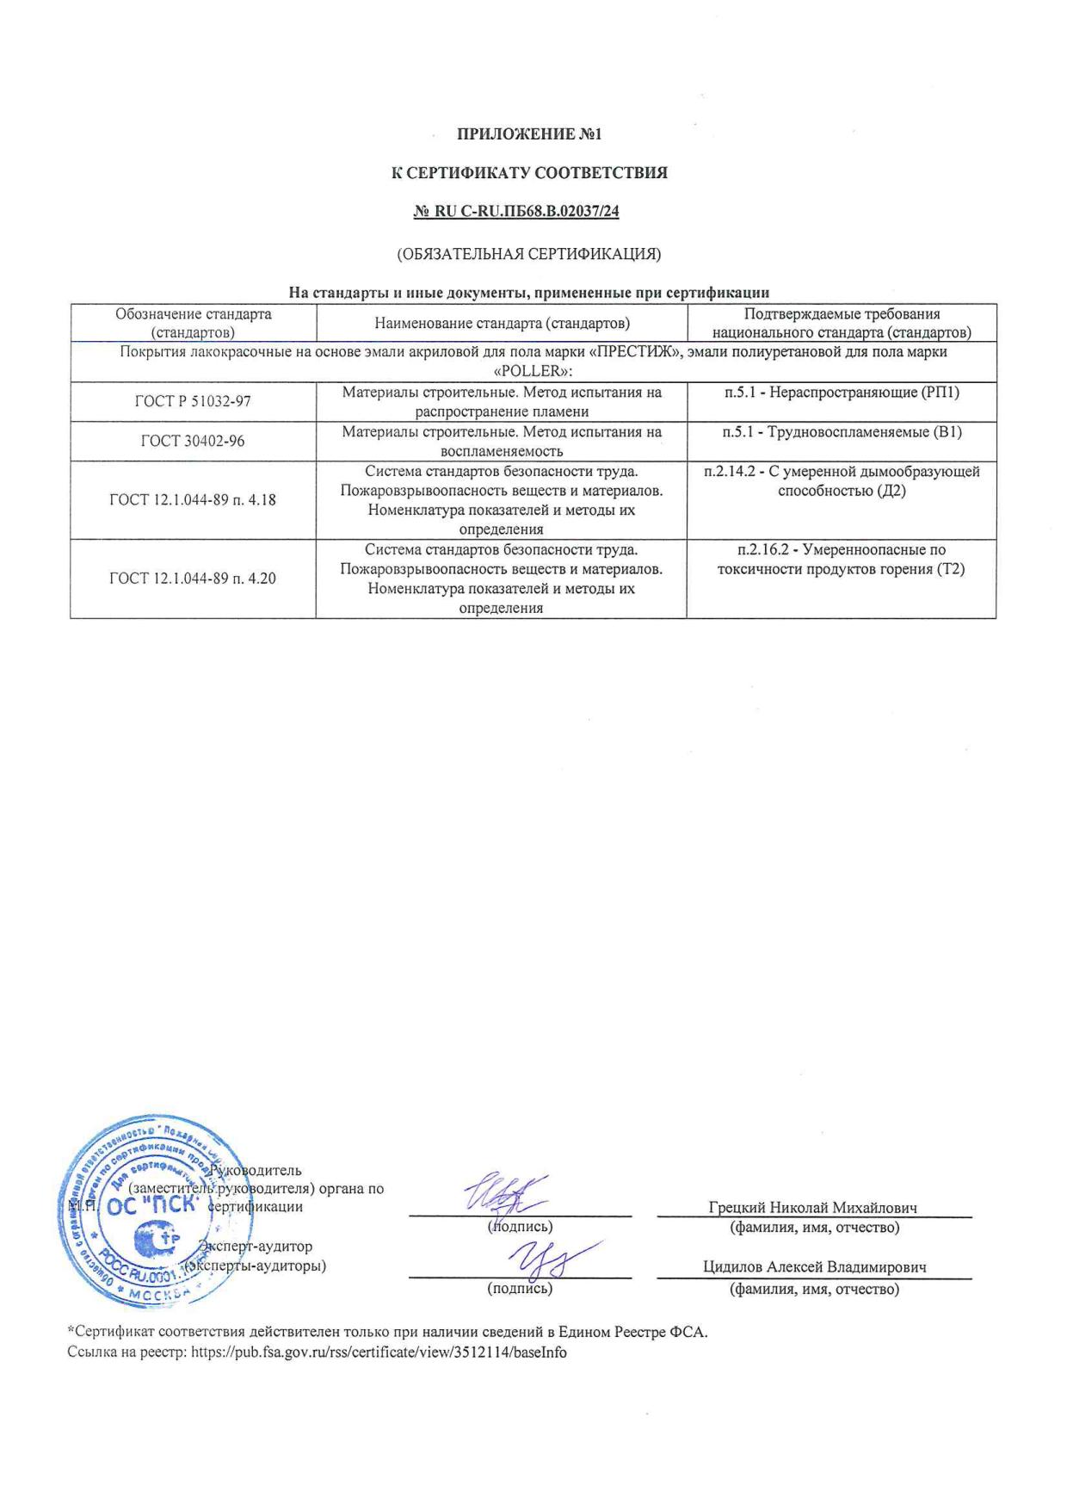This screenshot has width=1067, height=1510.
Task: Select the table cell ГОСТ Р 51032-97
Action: pyautogui.click(x=193, y=401)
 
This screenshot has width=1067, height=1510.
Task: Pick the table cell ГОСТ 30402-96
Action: pyautogui.click(x=193, y=441)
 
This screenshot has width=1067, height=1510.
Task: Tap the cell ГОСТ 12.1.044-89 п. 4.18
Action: pyautogui.click(x=193, y=499)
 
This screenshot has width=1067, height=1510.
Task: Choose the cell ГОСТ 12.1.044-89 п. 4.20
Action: pyautogui.click(x=193, y=579)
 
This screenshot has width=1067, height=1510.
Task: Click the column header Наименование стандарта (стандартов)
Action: pyautogui.click(x=502, y=323)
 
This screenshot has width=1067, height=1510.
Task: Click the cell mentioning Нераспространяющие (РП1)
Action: pyautogui.click(x=842, y=393)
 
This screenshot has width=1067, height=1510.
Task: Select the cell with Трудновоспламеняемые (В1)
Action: pyautogui.click(x=842, y=432)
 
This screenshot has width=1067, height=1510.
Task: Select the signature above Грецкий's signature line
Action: pyautogui.click(x=508, y=1194)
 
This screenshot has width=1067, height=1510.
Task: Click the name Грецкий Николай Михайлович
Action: pyautogui.click(x=813, y=1208)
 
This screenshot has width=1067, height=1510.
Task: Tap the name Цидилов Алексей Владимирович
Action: pyautogui.click(x=814, y=1267)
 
